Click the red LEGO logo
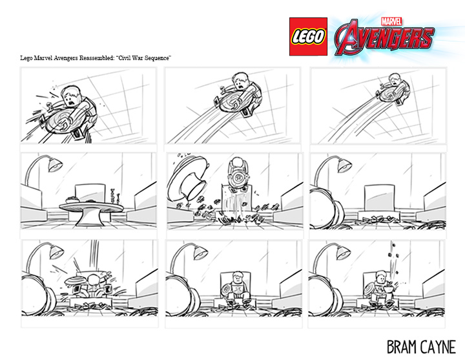pyautogui.click(x=308, y=36)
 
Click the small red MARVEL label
pyautogui.click(x=391, y=21)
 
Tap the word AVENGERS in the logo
pyautogui.click(x=385, y=37)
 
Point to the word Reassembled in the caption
pyautogui.click(x=96, y=58)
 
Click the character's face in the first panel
pyautogui.click(x=72, y=98)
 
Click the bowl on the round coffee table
pyautogui.click(x=72, y=200)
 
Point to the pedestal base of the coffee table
pyautogui.click(x=89, y=219)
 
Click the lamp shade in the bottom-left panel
pyautogui.click(x=56, y=252)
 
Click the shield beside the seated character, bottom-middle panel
pyautogui.click(x=227, y=289)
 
